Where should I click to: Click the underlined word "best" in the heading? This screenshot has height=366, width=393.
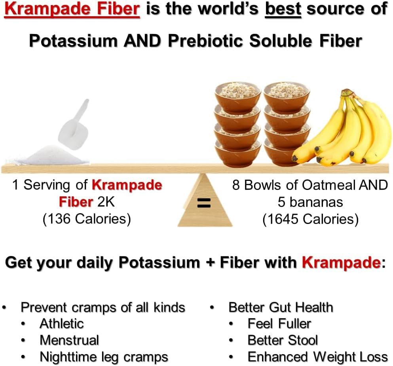click(x=283, y=9)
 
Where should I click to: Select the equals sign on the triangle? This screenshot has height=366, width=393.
click(x=204, y=203)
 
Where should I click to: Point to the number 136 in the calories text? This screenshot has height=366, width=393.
click(x=59, y=219)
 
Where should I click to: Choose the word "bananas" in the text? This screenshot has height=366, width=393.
click(x=316, y=202)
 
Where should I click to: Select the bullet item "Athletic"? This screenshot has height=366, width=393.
click(x=62, y=323)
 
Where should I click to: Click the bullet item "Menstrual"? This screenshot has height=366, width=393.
click(x=69, y=340)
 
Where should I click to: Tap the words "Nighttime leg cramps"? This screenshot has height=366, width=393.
click(x=104, y=357)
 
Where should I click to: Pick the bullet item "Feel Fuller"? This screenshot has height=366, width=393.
click(x=279, y=323)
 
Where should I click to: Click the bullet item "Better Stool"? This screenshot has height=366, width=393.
click(x=283, y=340)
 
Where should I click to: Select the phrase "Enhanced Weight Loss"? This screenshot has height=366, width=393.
click(x=318, y=357)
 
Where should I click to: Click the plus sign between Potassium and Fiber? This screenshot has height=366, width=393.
click(x=210, y=263)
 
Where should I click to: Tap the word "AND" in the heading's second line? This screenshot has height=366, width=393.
click(x=142, y=41)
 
